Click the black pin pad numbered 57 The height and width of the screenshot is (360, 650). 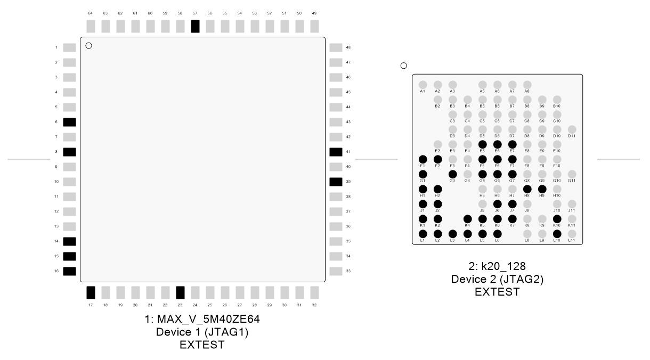pos(195,26)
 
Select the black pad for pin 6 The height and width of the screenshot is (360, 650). pos(69,122)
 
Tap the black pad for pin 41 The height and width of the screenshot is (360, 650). pos(336,152)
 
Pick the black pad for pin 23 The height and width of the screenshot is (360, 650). pos(180,292)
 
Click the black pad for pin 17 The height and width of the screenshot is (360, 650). pos(91,292)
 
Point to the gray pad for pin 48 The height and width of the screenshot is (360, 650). pos(336,47)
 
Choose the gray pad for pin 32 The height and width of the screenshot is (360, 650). pos(314,292)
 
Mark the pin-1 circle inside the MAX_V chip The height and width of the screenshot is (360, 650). pos(89,46)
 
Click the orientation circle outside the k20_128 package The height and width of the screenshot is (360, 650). pos(403,66)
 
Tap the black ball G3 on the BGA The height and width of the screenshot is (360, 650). pos(453,174)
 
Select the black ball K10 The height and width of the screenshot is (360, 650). pos(557,219)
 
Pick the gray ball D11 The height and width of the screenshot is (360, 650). pos(572,129)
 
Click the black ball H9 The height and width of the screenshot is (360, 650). pos(542,189)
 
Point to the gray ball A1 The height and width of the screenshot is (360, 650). pos(423,85)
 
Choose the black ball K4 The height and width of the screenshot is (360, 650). pos(467,219)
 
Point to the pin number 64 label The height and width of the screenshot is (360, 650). pos(91,13)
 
